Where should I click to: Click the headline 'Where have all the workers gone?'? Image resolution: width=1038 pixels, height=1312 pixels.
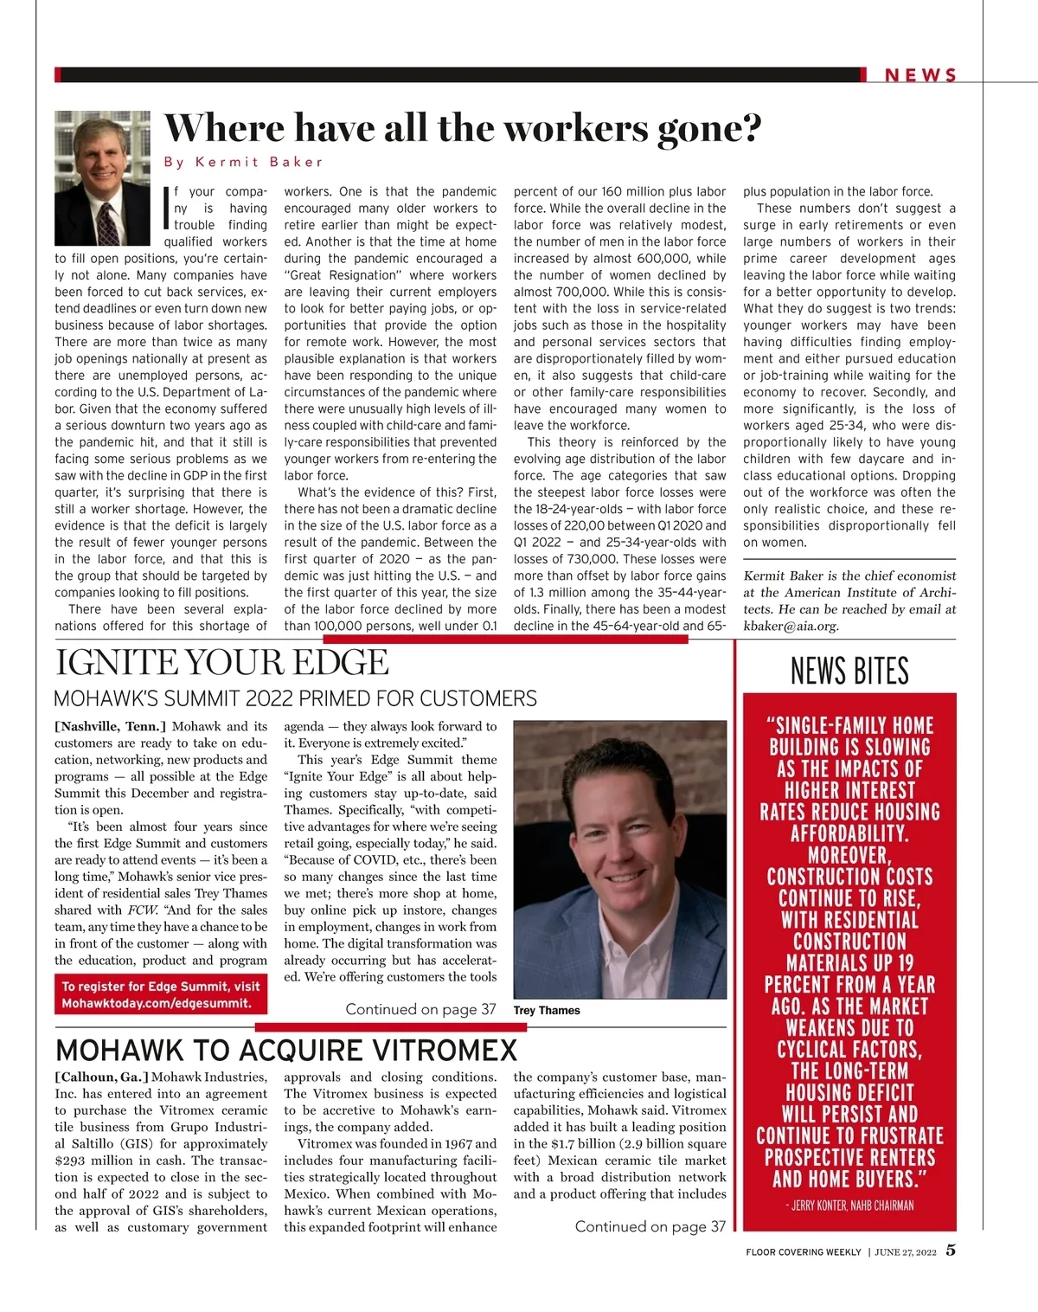[463, 128]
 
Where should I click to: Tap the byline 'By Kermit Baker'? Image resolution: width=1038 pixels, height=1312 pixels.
[243, 162]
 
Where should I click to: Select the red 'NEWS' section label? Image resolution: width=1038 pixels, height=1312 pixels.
[921, 75]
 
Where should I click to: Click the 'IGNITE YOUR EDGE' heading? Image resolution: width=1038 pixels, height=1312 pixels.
[222, 663]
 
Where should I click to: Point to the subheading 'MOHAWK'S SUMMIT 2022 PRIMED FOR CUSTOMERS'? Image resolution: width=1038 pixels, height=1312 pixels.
[295, 698]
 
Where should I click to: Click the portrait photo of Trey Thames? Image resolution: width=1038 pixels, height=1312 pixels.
[619, 859]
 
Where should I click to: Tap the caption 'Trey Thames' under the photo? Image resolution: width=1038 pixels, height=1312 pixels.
[547, 1010]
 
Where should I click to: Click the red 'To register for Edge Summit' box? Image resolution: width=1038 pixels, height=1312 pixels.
[161, 994]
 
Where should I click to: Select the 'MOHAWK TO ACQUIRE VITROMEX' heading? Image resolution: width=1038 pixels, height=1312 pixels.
[286, 1050]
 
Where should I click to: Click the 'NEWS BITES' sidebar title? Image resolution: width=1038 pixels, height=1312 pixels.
[849, 671]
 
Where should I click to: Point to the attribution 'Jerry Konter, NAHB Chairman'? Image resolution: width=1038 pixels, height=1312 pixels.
[852, 1205]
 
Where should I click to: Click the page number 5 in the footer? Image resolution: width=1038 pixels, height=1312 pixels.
[951, 1251]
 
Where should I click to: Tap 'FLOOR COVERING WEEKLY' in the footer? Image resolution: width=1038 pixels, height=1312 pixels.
[804, 1251]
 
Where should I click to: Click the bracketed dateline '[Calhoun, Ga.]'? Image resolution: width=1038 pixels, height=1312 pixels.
[101, 1077]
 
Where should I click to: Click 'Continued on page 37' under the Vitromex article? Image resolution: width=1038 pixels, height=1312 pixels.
[650, 1226]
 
